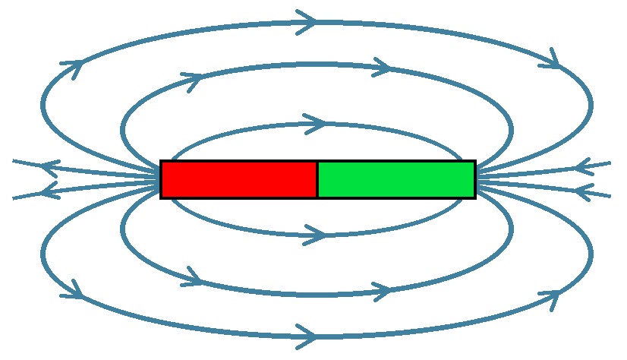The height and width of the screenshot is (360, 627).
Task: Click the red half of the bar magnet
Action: click(x=239, y=179)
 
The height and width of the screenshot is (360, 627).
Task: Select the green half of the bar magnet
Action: click(x=396, y=179)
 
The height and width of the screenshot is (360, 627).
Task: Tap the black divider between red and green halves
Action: click(x=317, y=179)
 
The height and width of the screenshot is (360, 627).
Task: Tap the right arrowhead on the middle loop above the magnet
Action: click(x=382, y=67)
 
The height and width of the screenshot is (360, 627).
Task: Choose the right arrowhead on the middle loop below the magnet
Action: click(x=382, y=290)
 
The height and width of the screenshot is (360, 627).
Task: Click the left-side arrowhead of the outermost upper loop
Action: click(x=73, y=67)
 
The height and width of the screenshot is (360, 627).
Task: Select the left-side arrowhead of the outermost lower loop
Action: click(x=74, y=289)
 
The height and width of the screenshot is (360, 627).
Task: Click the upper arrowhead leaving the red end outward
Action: click(x=50, y=167)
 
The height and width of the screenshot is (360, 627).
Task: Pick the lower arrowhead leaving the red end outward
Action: click(x=50, y=190)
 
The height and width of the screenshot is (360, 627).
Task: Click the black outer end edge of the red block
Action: click(x=162, y=179)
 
